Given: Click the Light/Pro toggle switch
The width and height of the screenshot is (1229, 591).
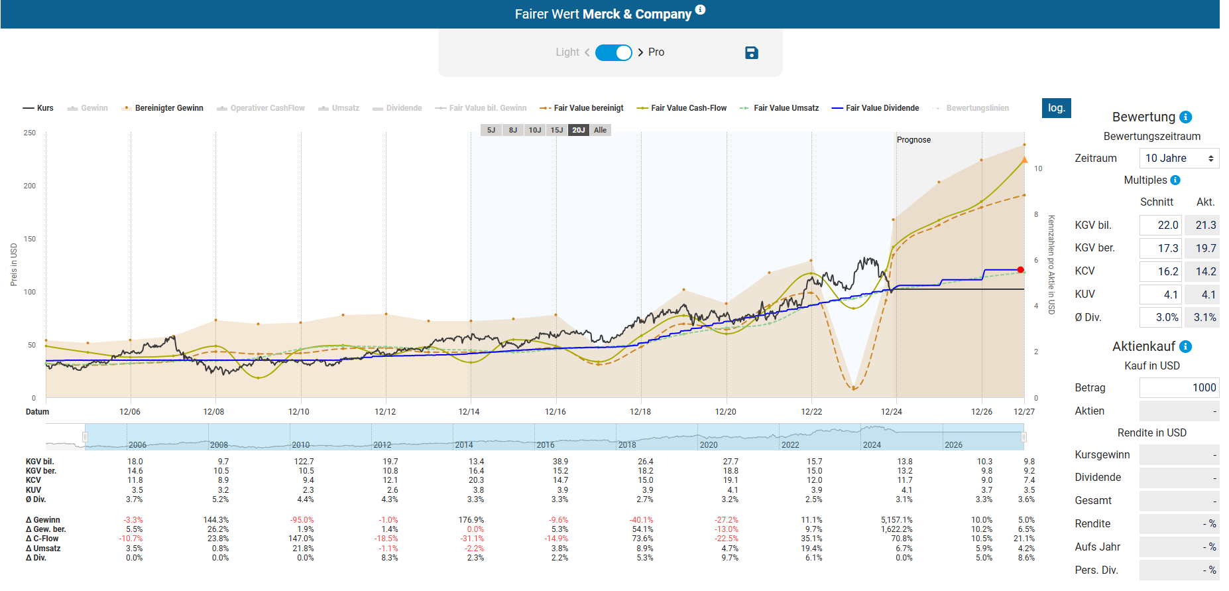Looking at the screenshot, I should [x=613, y=52].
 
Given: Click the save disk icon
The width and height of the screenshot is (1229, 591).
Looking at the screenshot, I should [x=751, y=52].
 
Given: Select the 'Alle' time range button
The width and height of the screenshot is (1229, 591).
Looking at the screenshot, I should [x=600, y=130].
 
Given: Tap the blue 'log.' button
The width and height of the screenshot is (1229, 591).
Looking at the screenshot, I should [x=1056, y=108].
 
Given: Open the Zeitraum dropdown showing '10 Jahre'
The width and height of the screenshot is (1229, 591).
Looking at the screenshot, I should [x=1179, y=159].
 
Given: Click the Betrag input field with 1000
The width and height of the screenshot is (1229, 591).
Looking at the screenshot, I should [x=1179, y=388].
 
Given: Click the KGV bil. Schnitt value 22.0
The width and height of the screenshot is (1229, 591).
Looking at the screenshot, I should [x=1160, y=226].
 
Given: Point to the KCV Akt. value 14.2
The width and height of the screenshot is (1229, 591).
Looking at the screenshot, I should [x=1202, y=271].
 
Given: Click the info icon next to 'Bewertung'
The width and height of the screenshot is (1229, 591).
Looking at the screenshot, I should [x=1186, y=117].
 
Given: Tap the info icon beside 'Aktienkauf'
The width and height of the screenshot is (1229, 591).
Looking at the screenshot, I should [x=1186, y=346].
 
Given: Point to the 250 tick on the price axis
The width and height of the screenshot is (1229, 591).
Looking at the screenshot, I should [x=30, y=133].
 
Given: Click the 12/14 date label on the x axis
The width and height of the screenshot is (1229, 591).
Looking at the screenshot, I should [x=469, y=412].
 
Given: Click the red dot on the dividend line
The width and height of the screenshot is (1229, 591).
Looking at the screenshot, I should [x=1020, y=270].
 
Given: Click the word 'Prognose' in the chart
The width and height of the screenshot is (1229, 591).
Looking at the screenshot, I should [x=913, y=140].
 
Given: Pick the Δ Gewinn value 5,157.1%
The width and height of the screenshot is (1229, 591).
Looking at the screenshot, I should [x=896, y=520].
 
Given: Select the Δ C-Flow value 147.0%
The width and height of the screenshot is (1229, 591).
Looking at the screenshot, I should [x=301, y=539].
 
